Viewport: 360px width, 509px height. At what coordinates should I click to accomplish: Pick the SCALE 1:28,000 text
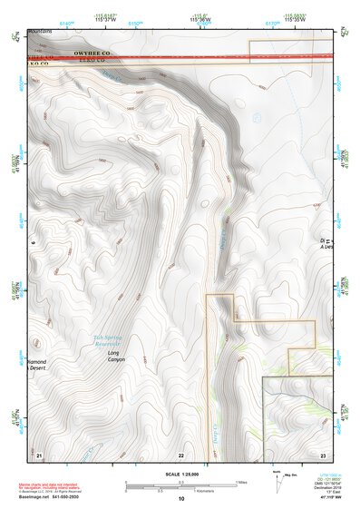coord(180,475)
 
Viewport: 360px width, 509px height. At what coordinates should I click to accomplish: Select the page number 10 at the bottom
coord(180,499)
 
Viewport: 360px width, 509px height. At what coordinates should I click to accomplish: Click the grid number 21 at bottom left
coord(39,454)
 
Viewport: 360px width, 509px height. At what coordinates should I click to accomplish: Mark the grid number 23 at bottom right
coord(322,454)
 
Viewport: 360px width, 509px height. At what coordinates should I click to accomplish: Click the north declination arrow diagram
coord(277,481)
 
